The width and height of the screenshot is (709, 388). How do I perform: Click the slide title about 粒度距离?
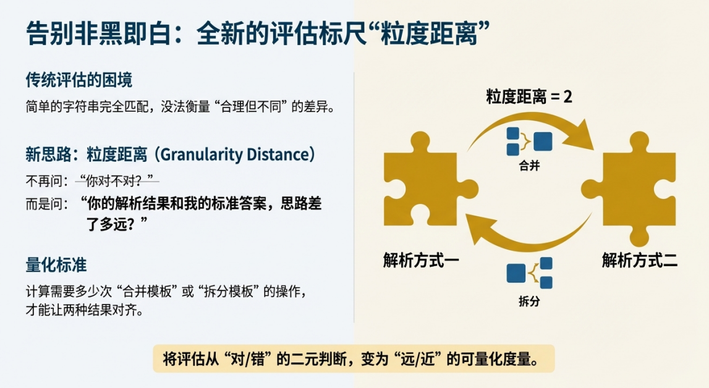point(258,33)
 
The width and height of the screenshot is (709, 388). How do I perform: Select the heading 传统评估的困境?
point(79,80)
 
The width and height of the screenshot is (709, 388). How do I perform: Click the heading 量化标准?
point(56,265)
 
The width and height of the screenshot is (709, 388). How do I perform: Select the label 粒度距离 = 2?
point(529,96)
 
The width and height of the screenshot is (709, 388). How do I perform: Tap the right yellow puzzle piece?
point(629,189)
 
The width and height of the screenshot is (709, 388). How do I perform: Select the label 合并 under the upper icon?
point(530,166)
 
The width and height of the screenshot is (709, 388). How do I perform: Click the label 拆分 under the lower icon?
point(530,302)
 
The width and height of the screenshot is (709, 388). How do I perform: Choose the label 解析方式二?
point(640,261)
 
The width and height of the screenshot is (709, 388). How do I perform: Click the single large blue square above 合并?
point(543,141)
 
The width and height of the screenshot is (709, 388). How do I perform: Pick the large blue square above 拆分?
point(516,273)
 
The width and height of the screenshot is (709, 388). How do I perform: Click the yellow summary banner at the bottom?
point(354,359)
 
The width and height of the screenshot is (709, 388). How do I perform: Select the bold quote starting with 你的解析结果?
point(202,213)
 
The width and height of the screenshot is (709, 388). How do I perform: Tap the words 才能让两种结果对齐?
point(84,311)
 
